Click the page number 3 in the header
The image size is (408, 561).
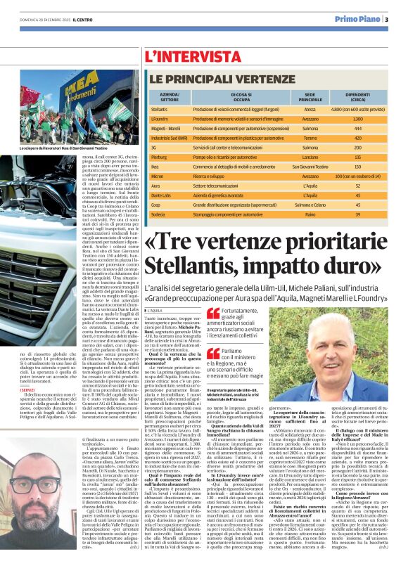(x=387, y=20)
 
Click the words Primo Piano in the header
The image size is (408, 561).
(x=356, y=20)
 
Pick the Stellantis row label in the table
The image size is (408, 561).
(x=160, y=110)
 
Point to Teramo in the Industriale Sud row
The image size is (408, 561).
(x=310, y=139)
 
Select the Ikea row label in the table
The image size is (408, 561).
(x=155, y=167)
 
